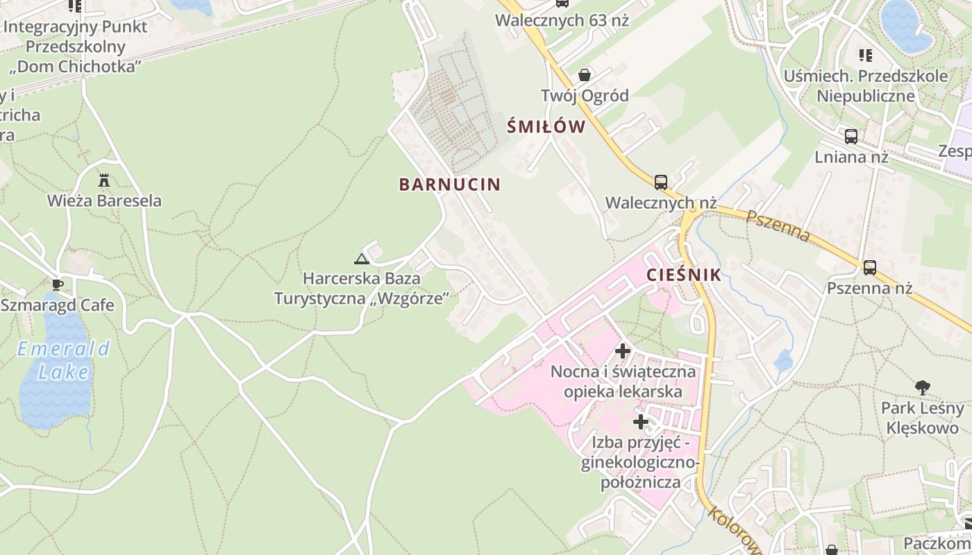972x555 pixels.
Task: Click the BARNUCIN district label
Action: click(x=449, y=184)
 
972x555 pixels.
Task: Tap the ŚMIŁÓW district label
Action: click(x=546, y=126)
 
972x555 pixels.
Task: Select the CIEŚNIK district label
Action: click(x=684, y=275)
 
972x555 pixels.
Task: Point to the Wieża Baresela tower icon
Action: click(x=104, y=180)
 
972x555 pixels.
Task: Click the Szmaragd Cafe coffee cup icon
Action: click(x=58, y=284)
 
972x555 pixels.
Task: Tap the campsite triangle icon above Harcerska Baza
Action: click(x=361, y=259)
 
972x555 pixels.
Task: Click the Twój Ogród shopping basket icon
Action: click(x=585, y=74)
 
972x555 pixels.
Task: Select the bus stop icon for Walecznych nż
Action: click(x=661, y=182)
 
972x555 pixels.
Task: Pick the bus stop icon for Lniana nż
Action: click(x=851, y=137)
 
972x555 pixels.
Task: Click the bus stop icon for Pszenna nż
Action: click(x=869, y=267)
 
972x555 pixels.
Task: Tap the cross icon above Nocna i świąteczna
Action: click(x=623, y=351)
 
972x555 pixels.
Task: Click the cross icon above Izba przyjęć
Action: click(x=640, y=421)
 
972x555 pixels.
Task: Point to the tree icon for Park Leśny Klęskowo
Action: click(x=922, y=387)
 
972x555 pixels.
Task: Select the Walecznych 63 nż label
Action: click(x=562, y=20)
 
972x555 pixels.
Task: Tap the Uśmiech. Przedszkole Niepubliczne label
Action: click(x=866, y=85)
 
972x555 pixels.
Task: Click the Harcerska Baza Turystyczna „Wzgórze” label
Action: click(x=362, y=289)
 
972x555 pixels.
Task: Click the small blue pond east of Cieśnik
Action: click(x=783, y=360)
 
